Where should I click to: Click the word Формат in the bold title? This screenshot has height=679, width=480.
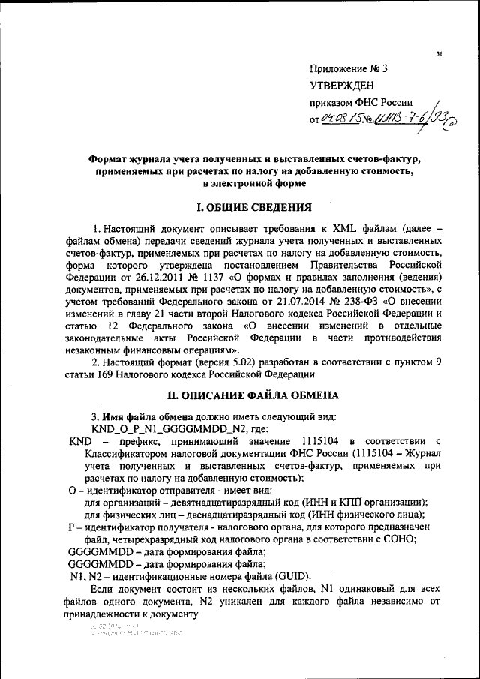[x=112, y=158]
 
